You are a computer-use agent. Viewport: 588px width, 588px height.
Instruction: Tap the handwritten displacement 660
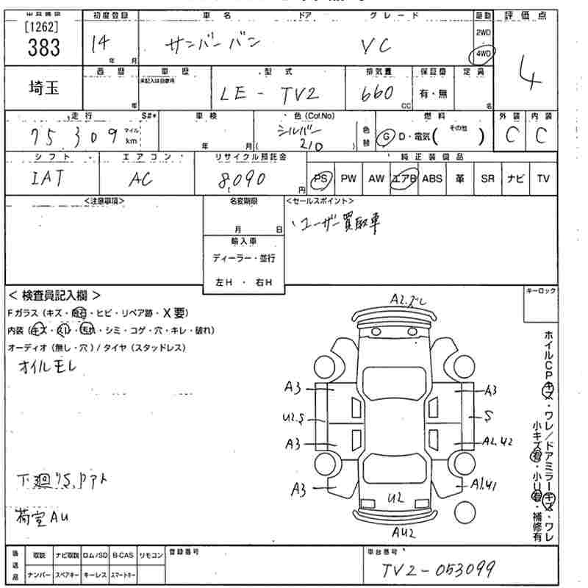coord(379,93)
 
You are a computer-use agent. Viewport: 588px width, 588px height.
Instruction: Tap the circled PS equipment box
coord(321,179)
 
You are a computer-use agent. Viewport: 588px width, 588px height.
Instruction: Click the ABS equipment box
coord(432,179)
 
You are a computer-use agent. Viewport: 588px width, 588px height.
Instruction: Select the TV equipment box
coord(543,179)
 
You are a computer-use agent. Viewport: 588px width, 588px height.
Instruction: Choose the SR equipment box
coord(487,179)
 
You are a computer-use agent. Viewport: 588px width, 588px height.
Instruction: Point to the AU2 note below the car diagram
coord(405,531)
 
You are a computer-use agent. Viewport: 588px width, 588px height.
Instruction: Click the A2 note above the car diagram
coord(409,298)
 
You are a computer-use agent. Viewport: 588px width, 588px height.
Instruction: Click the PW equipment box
coord(348,179)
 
